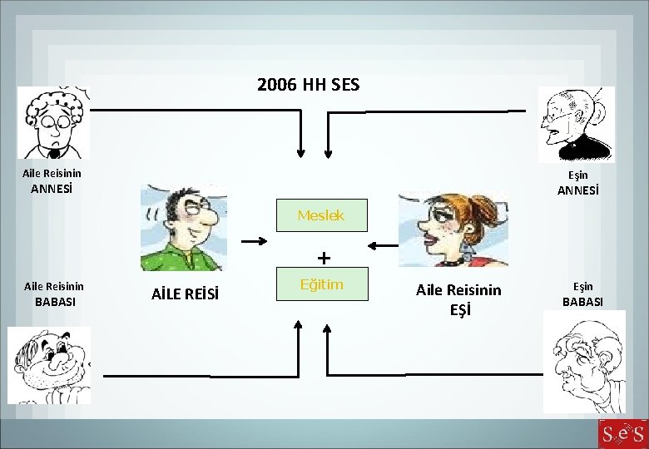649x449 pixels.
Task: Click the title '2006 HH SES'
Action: pos(309,85)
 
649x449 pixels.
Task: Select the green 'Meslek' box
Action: pos(320,215)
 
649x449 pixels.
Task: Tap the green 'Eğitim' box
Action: pos(320,285)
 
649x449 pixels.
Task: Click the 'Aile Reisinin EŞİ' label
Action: pos(458,299)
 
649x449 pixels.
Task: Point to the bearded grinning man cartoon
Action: pos(48,364)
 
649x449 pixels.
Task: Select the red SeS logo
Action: pos(622,433)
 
